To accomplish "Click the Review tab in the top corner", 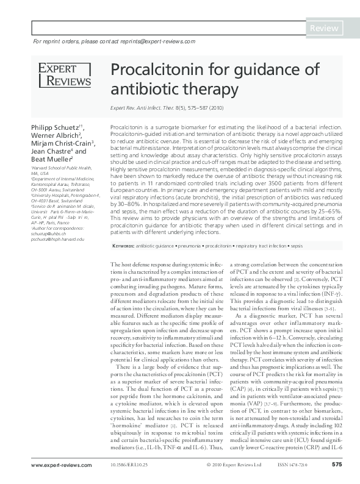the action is click(326, 29).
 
